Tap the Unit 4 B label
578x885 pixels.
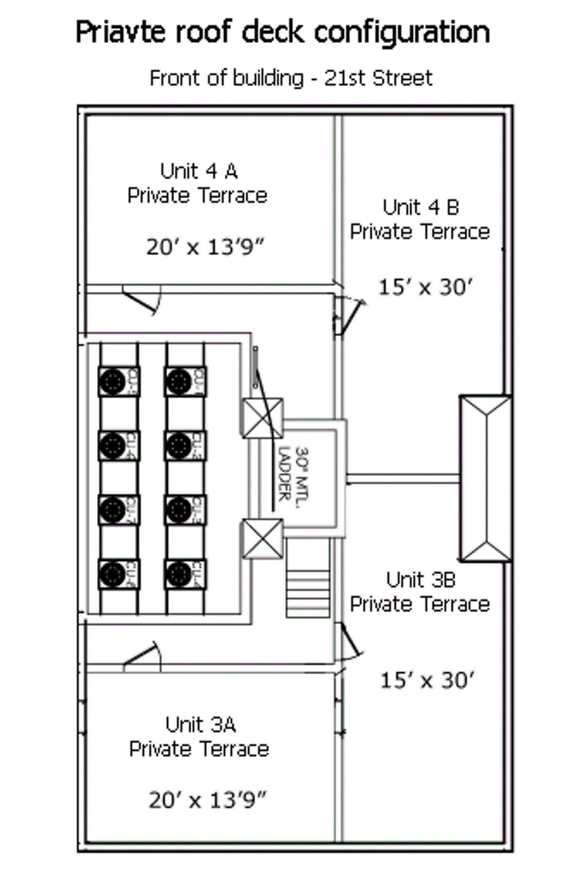point(420,207)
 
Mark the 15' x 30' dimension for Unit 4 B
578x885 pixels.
point(425,287)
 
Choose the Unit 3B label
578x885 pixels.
point(420,579)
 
